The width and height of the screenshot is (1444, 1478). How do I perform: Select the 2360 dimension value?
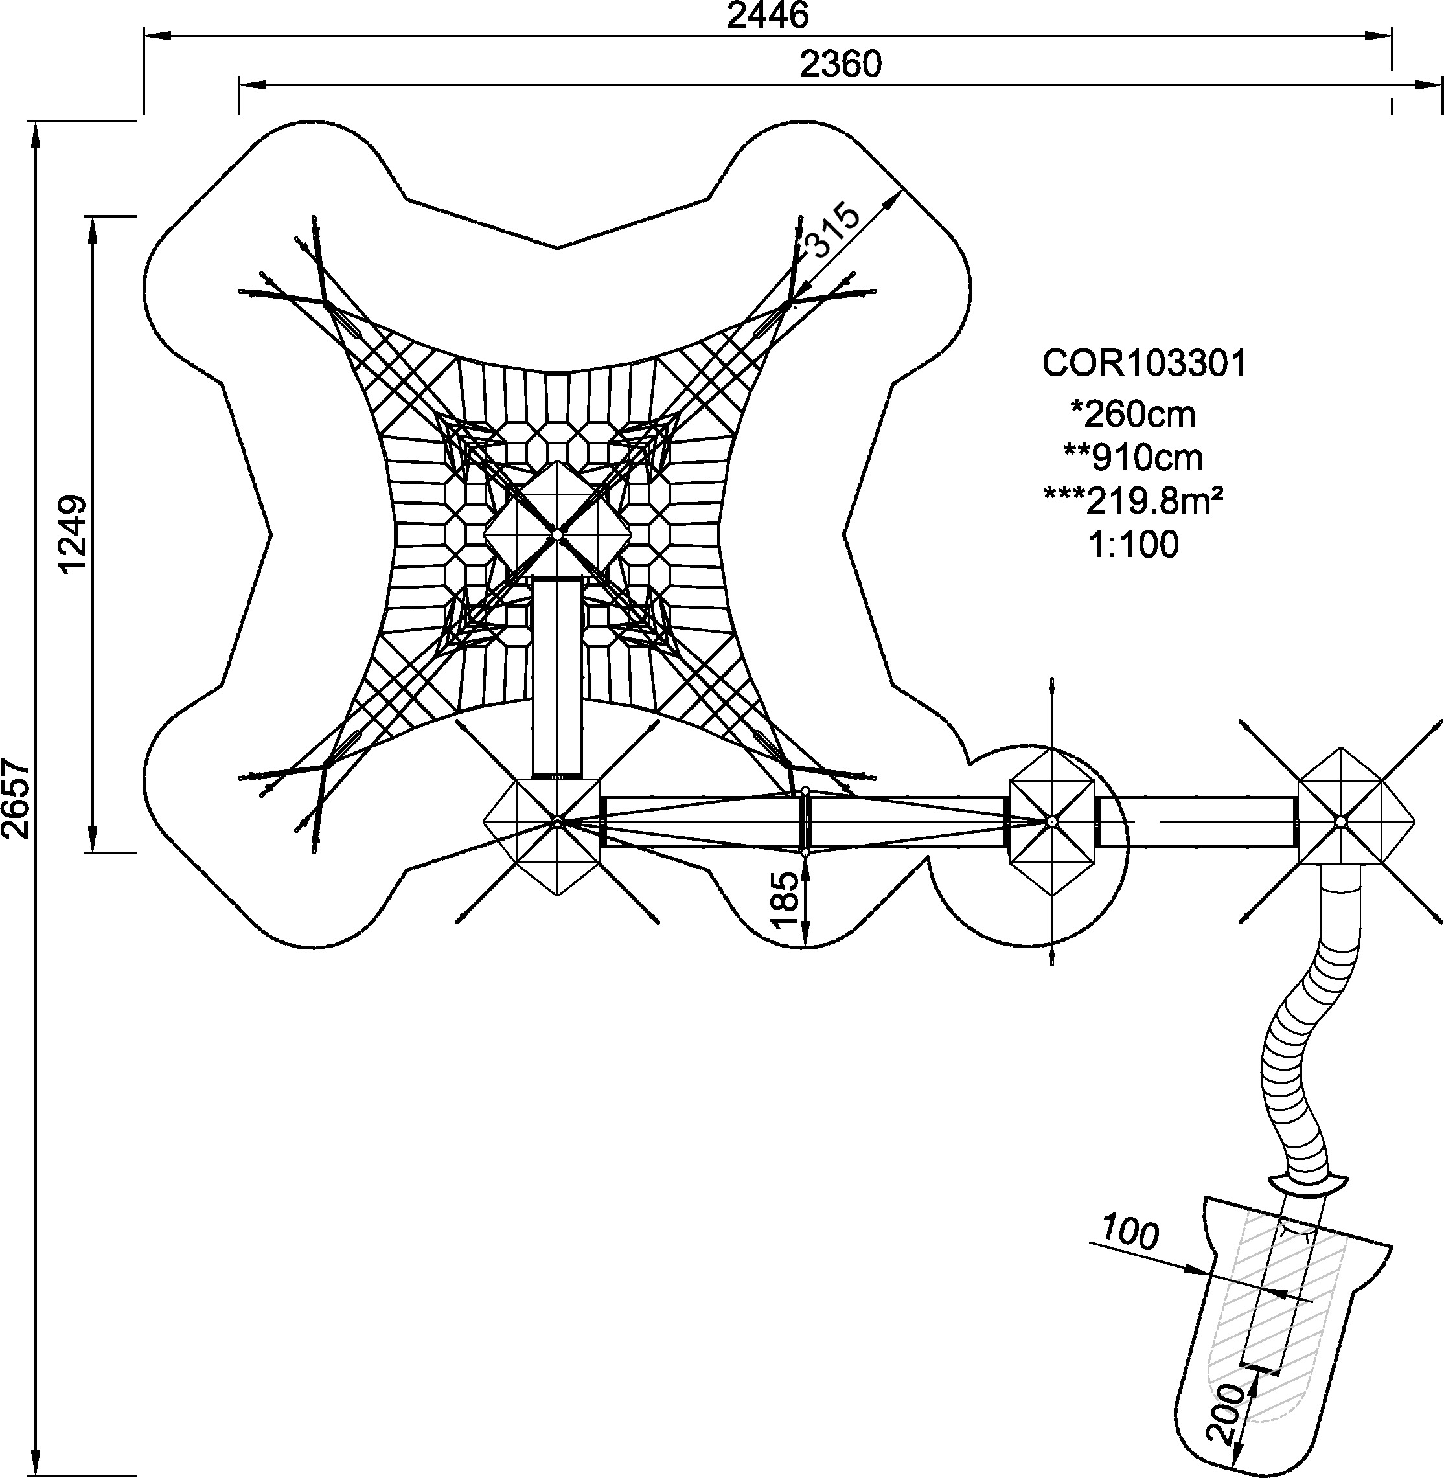tap(841, 66)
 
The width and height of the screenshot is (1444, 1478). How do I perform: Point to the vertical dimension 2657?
tap(17, 798)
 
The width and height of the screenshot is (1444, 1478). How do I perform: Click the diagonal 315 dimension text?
tap(832, 230)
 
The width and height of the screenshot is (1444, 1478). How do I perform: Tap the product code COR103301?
tap(1143, 365)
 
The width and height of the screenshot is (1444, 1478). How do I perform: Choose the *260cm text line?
tap(1132, 415)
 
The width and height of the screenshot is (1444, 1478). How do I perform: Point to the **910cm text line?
tap(1132, 458)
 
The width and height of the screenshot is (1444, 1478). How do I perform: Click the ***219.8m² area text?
tap(1133, 501)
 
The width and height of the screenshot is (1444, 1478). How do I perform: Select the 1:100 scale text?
tap(1134, 545)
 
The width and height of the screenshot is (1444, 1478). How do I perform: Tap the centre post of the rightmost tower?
tap(1340, 821)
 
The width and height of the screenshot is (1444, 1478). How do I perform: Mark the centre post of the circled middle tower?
tap(1051, 821)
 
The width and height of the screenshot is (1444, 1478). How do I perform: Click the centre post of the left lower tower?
tap(557, 821)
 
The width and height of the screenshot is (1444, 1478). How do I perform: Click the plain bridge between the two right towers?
tap(1196, 821)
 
